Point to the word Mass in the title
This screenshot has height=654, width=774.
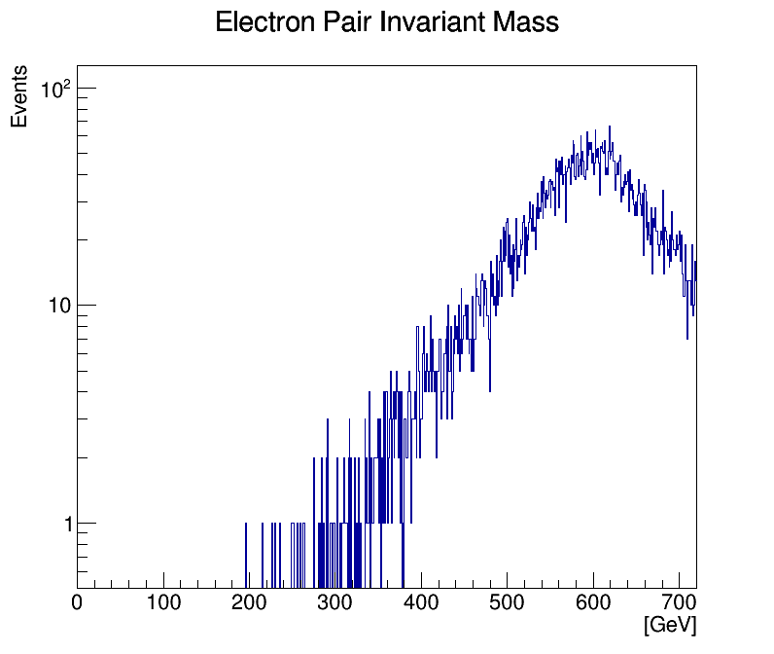coord(525,22)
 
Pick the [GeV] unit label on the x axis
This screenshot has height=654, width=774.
coord(670,626)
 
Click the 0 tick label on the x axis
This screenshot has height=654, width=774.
coord(78,603)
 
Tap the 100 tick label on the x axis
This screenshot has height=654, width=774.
coord(163,603)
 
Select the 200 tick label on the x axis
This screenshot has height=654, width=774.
coord(250,603)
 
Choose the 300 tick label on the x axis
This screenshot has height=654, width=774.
coord(335,603)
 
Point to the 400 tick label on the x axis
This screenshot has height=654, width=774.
coord(421,603)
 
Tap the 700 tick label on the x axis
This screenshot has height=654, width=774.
coord(679,603)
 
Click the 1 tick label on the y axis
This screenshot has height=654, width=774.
coord(65,524)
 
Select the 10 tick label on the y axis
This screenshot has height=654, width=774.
coord(59,307)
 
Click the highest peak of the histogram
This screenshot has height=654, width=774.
coord(610,127)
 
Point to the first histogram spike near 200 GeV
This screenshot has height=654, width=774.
coord(246,525)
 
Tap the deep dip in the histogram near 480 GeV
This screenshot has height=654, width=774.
coord(490,389)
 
